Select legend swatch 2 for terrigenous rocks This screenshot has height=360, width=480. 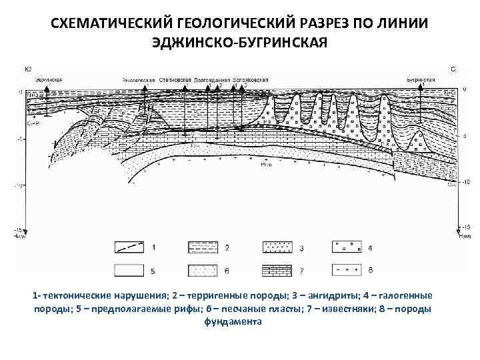[204, 249]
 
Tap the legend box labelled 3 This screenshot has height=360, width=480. [277, 249]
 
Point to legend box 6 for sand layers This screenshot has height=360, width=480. [204, 271]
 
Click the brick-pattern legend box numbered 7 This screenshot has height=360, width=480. [277, 271]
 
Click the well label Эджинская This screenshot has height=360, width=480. [49, 80]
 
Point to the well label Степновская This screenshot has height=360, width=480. [175, 80]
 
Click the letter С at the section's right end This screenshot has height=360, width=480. [453, 69]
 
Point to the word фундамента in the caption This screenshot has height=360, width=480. [239, 321]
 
